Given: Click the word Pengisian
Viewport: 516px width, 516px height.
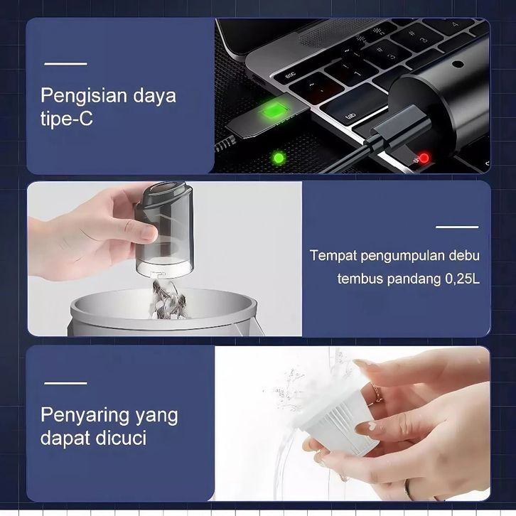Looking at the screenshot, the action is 85,97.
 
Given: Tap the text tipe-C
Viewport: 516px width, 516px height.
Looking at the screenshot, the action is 67,119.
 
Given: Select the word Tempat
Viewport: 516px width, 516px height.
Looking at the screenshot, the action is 333,256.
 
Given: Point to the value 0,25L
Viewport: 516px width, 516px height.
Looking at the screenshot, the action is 463,279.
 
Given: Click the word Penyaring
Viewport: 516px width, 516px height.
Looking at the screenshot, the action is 85,416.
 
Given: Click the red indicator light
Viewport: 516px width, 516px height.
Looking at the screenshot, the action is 424,158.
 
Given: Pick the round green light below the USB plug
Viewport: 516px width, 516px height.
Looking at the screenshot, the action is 279,158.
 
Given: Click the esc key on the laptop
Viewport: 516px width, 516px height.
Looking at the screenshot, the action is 290,75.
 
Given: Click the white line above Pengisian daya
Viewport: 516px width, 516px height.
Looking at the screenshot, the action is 66,64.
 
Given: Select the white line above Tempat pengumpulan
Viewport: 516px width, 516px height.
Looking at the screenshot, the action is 457,227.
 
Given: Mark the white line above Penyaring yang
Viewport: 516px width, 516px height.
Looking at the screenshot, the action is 66,383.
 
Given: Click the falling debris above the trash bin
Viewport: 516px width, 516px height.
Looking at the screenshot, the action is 168,300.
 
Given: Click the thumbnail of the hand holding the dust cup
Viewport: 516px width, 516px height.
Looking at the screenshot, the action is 165,259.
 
